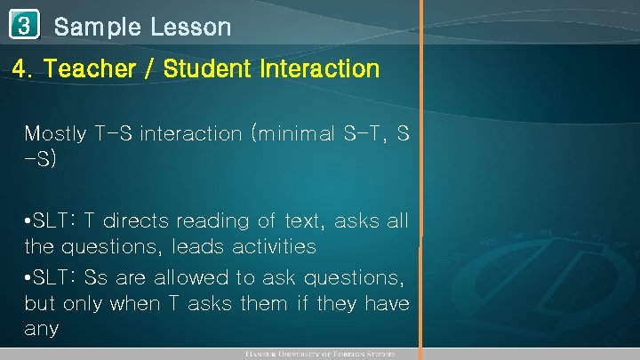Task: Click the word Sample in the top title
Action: [97, 28]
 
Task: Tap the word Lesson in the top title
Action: [190, 28]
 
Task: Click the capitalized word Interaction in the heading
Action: [322, 68]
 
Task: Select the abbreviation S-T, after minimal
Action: [364, 134]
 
